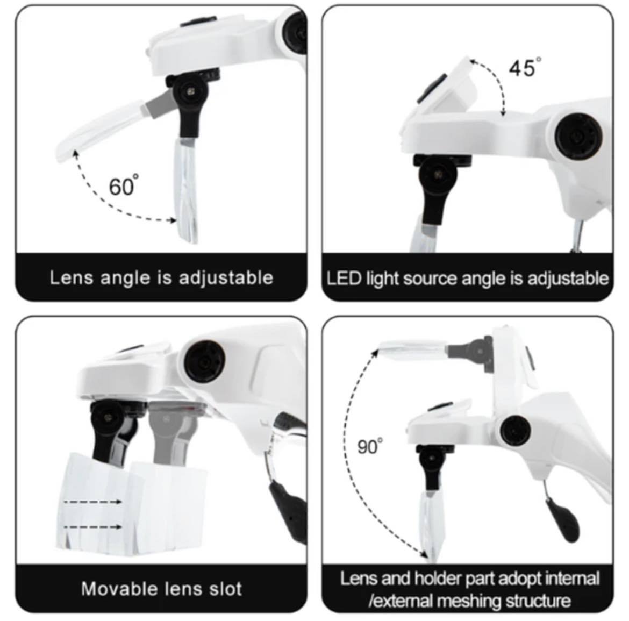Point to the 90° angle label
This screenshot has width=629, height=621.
(x=370, y=446)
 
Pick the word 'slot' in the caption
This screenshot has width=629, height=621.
(x=226, y=589)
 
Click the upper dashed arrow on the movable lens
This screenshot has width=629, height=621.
(x=92, y=502)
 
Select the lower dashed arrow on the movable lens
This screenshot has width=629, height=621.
(x=92, y=527)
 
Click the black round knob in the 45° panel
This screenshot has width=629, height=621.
(x=578, y=135)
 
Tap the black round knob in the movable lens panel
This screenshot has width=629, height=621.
(x=204, y=361)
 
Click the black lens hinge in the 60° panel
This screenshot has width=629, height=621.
(x=189, y=102)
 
